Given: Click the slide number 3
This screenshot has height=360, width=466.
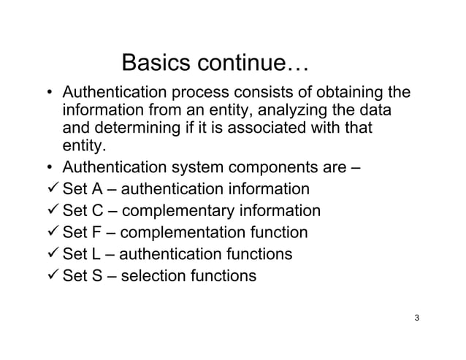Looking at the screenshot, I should tap(416, 318).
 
